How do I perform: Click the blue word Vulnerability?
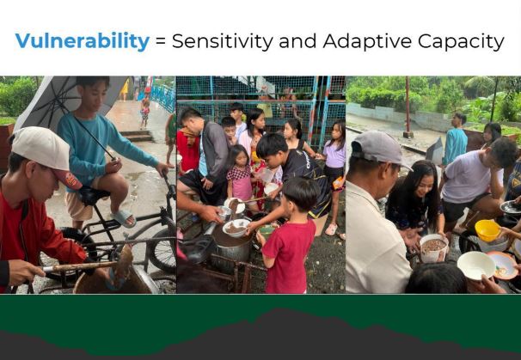(x=82, y=41)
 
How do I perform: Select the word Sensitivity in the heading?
(x=223, y=41)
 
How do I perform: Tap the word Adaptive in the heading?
(x=367, y=41)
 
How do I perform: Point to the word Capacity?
(x=461, y=41)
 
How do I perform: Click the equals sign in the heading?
(x=161, y=42)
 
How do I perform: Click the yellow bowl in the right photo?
(x=487, y=230)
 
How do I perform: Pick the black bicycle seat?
(x=92, y=195)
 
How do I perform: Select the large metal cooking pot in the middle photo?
(x=231, y=246)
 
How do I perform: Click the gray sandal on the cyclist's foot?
(x=123, y=218)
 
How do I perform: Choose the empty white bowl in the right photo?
(x=475, y=265)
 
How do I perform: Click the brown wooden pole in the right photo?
(x=408, y=107)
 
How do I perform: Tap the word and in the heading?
(x=297, y=41)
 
